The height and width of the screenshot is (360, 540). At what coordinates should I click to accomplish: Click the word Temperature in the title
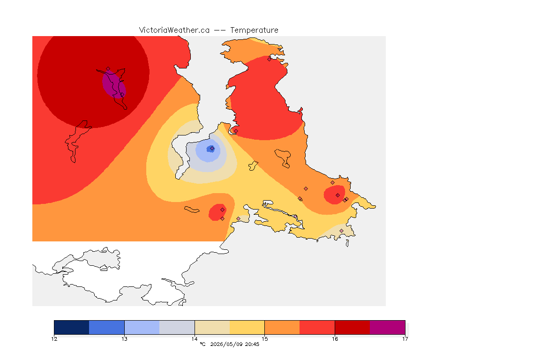pyautogui.click(x=254, y=30)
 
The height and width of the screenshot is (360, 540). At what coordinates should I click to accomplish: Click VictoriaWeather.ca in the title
pyautogui.click(x=174, y=30)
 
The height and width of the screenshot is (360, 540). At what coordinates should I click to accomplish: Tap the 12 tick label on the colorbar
pyautogui.click(x=54, y=339)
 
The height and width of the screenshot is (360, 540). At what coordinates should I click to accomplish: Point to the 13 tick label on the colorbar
pyautogui.click(x=124, y=339)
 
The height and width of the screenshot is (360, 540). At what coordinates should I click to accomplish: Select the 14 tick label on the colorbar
pyautogui.click(x=195, y=339)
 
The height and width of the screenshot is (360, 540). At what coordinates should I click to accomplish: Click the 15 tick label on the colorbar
pyautogui.click(x=264, y=339)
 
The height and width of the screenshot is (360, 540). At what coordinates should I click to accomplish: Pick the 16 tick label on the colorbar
pyautogui.click(x=335, y=339)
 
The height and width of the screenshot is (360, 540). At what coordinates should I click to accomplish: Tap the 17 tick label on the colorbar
pyautogui.click(x=405, y=339)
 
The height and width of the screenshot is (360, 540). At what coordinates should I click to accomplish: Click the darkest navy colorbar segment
pyautogui.click(x=72, y=327)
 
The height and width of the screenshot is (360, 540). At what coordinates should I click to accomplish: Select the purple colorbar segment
pyautogui.click(x=388, y=327)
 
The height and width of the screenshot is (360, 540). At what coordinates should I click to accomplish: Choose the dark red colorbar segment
pyautogui.click(x=352, y=327)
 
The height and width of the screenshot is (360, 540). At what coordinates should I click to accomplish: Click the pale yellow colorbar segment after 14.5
pyautogui.click(x=247, y=327)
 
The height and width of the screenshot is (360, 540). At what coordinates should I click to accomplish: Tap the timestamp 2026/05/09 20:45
pyautogui.click(x=234, y=344)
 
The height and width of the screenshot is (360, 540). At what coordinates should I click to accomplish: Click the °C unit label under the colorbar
pyautogui.click(x=202, y=344)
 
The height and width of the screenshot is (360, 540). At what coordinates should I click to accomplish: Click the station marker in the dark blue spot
pyautogui.click(x=212, y=149)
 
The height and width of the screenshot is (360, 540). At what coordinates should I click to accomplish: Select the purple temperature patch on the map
pyautogui.click(x=114, y=84)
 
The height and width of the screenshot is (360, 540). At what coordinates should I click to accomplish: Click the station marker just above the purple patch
pyautogui.click(x=108, y=69)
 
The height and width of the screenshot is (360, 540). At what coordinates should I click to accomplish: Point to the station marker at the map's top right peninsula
pyautogui.click(x=270, y=59)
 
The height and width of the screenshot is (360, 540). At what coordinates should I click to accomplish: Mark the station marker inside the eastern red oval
pyautogui.click(x=337, y=195)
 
